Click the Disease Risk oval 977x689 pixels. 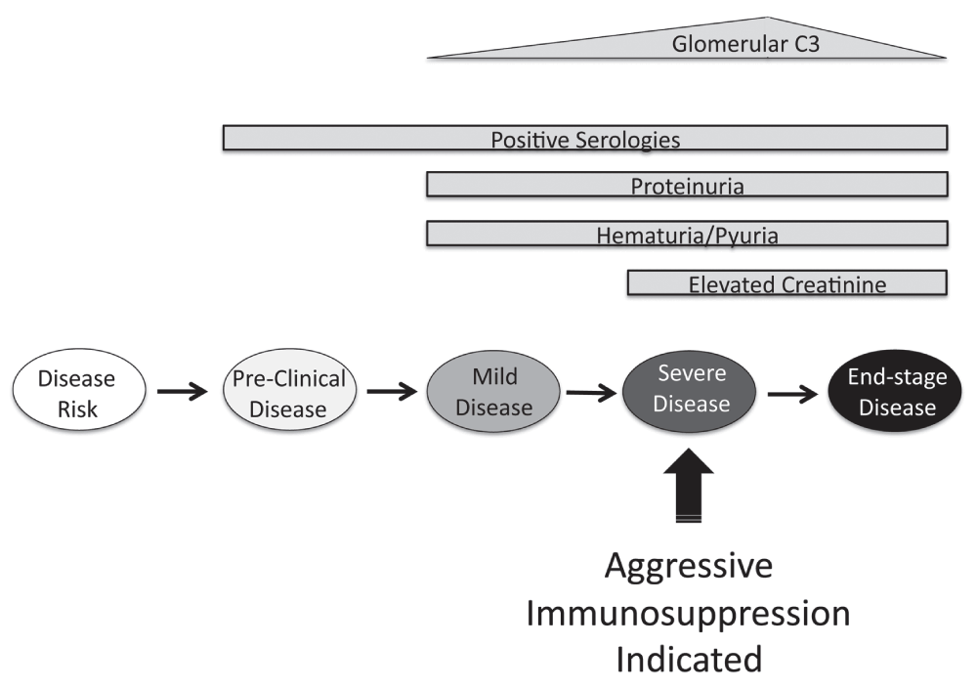click(79, 390)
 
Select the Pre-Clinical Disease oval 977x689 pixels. click(290, 390)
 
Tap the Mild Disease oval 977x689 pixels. click(493, 392)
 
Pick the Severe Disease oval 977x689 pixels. click(689, 392)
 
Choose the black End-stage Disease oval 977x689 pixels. click(895, 391)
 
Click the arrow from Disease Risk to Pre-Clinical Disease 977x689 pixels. click(182, 392)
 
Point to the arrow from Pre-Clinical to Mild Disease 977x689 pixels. click(392, 392)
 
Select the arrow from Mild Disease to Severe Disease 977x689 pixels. click(591, 393)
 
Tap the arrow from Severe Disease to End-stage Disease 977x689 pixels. click(792, 394)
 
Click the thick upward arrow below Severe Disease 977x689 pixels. click(689, 485)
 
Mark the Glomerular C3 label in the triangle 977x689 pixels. click(745, 44)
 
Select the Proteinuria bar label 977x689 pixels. click(687, 187)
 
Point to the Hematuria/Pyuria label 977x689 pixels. click(687, 236)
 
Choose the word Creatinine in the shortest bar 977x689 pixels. click(835, 285)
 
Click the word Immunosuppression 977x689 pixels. click(688, 614)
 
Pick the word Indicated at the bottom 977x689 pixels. click(689, 659)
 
